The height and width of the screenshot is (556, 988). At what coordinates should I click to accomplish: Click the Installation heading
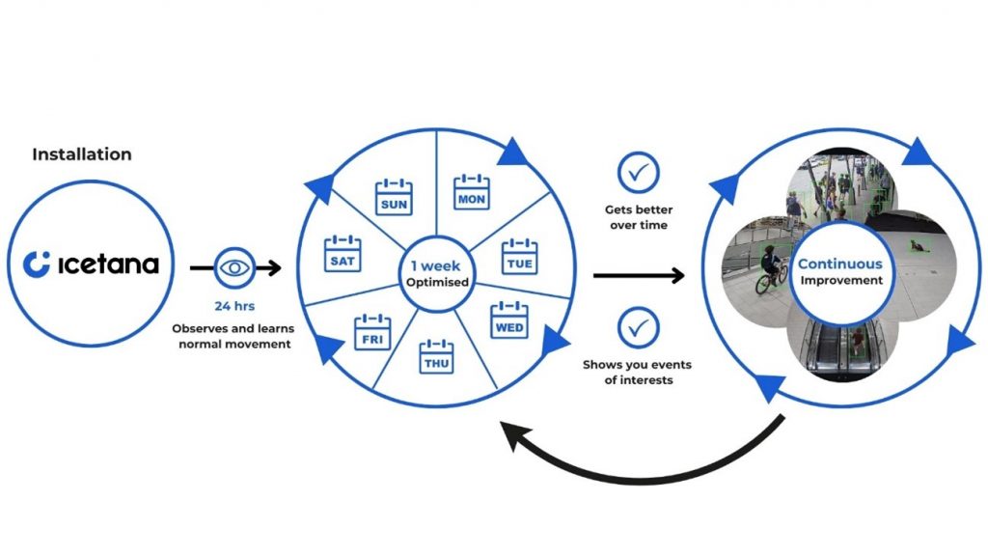82,154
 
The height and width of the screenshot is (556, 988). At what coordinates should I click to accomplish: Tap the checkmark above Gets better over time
638,173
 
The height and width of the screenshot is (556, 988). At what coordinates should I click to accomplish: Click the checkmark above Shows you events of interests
638,327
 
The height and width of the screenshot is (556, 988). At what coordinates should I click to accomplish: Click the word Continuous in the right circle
839,264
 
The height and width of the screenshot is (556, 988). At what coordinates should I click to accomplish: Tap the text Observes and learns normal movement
235,336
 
